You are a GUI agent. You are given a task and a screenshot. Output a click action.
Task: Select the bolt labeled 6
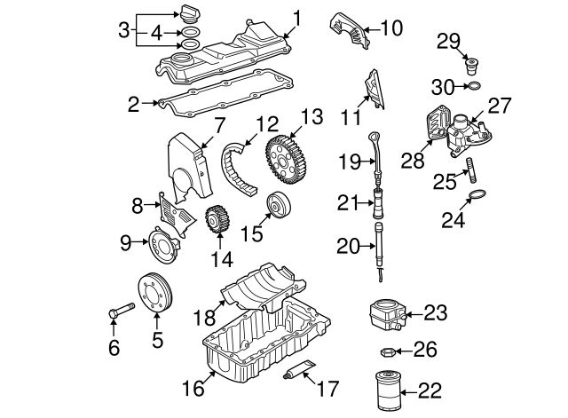pyautogui.click(x=120, y=312)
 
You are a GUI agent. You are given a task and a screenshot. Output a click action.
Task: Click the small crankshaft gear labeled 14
pyautogui.click(x=217, y=221)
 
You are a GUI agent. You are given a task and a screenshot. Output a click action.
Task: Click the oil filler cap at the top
pyautogui.click(x=188, y=15)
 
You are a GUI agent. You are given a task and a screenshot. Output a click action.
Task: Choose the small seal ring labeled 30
pyautogui.click(x=475, y=87)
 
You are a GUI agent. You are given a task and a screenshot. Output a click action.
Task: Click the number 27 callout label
pyautogui.click(x=500, y=106)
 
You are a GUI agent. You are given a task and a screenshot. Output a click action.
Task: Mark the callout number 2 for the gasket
pyautogui.click(x=134, y=106)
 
